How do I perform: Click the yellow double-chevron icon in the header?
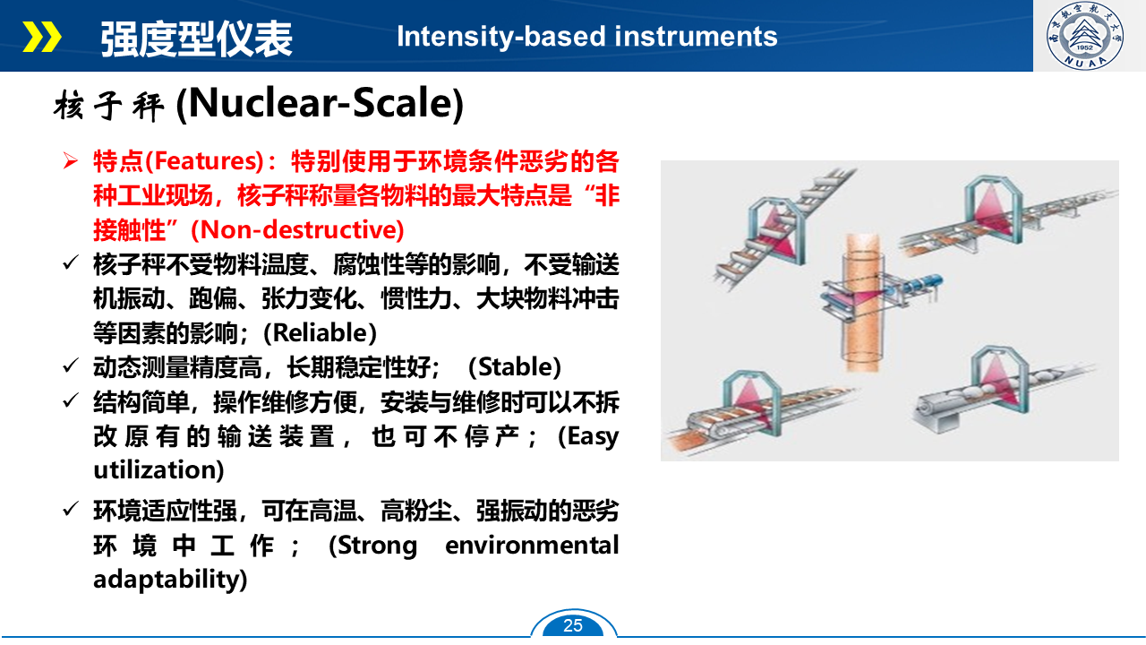[x=42, y=37]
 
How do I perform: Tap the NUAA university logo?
[x=1084, y=35]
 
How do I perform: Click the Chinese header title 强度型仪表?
[x=196, y=39]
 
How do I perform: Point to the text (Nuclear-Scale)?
[x=320, y=104]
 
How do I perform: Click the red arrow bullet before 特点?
[x=71, y=160]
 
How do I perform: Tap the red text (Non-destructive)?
[x=297, y=230]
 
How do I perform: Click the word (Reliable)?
[x=320, y=332]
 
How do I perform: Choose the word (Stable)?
[x=515, y=367]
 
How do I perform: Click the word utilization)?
[x=158, y=470]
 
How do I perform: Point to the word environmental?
[x=532, y=546]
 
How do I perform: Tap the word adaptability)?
[x=170, y=580]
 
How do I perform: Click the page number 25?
[x=573, y=625]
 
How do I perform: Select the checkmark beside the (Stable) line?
[x=70, y=365]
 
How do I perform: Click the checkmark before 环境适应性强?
[x=70, y=509]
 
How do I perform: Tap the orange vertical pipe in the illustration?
[x=862, y=302]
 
